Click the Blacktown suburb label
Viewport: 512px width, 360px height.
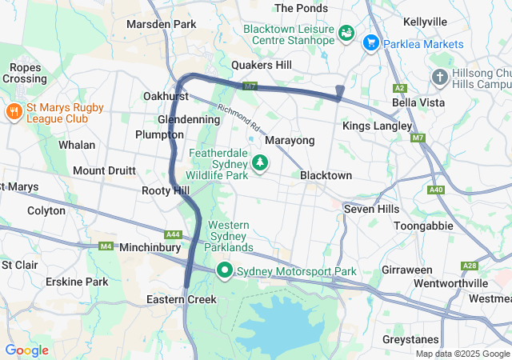coord(326,175)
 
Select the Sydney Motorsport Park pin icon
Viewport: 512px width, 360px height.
coord(225,271)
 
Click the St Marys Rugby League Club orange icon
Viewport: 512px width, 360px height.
coord(14,110)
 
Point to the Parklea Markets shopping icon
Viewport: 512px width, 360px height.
coord(370,42)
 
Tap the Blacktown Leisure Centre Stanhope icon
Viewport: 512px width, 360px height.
coord(346,33)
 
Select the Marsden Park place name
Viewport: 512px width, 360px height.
coord(161,24)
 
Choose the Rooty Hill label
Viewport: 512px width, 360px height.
coord(166,190)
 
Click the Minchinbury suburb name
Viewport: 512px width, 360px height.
coord(153,248)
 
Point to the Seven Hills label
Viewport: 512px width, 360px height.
coord(370,209)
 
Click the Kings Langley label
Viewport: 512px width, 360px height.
coord(377,126)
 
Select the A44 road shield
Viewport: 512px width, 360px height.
coord(172,234)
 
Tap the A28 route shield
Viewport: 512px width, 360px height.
coord(470,266)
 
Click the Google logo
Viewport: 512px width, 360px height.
coord(26,350)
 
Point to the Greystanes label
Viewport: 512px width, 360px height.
coord(411,339)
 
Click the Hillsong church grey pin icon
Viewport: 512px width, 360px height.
coord(439,77)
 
